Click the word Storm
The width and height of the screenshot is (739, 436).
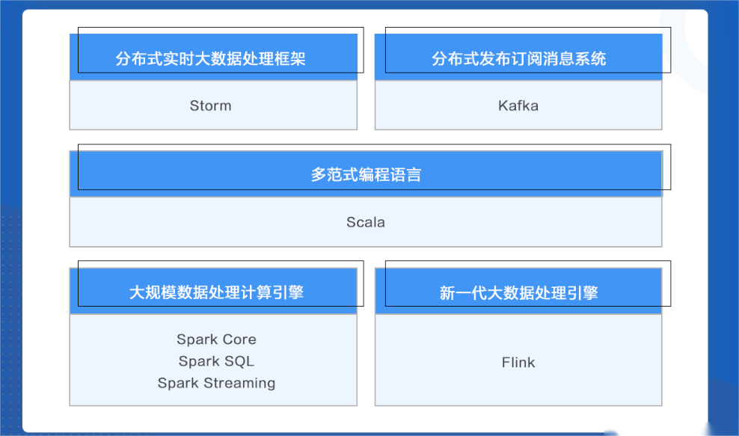(x=211, y=105)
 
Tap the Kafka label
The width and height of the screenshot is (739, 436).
(x=518, y=105)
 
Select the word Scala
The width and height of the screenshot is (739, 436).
(x=366, y=222)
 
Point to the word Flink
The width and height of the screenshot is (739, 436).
(x=518, y=363)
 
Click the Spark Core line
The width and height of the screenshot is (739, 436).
(x=216, y=340)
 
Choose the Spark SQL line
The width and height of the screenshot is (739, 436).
(x=216, y=361)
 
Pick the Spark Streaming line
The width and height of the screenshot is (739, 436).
(x=216, y=383)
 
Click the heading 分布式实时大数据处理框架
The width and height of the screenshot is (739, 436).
(x=211, y=58)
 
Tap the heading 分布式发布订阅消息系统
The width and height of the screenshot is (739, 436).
(x=519, y=58)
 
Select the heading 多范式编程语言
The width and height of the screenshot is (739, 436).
(x=366, y=175)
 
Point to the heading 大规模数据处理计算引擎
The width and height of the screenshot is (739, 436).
(x=216, y=292)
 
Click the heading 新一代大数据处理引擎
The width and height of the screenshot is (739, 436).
(x=519, y=292)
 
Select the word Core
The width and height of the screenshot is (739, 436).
(x=239, y=340)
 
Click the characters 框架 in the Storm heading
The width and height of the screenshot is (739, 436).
(x=290, y=58)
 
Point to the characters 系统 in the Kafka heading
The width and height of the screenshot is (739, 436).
(x=590, y=58)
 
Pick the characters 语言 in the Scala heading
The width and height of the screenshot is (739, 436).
(x=405, y=175)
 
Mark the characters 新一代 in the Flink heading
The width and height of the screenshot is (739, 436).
(x=463, y=292)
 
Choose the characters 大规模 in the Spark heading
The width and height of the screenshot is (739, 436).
(x=153, y=292)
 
